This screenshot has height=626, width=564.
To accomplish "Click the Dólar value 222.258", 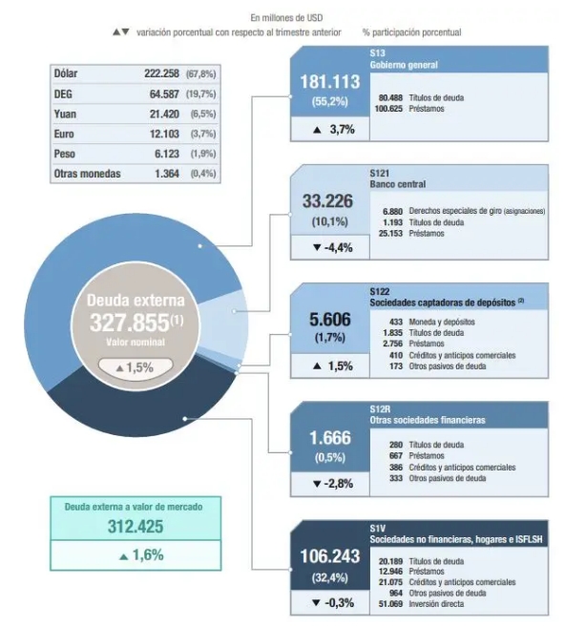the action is click(161, 73).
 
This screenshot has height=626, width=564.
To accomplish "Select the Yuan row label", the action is click(65, 115).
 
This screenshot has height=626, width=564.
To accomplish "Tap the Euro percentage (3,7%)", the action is click(203, 134).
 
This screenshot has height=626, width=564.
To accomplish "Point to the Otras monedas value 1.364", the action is click(167, 174).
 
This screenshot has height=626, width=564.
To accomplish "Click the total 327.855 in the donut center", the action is click(130, 323).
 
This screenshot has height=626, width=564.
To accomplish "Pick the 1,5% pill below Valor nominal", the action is click(136, 367).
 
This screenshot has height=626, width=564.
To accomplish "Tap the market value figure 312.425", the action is click(136, 527).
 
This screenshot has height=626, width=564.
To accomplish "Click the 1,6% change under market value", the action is click(141, 555).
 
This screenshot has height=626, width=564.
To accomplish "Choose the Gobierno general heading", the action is click(404, 65).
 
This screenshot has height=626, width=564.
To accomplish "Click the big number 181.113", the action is click(330, 82).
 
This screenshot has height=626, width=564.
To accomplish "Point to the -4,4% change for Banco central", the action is click(333, 247).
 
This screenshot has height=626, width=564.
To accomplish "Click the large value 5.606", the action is click(330, 320).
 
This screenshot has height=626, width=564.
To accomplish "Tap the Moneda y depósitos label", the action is click(442, 322).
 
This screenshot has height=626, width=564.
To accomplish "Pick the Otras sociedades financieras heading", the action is click(428, 420).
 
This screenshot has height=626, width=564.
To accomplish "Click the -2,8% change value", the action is click(333, 484).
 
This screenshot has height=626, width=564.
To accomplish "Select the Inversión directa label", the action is click(436, 604).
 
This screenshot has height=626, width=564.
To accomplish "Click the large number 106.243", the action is click(330, 556).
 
